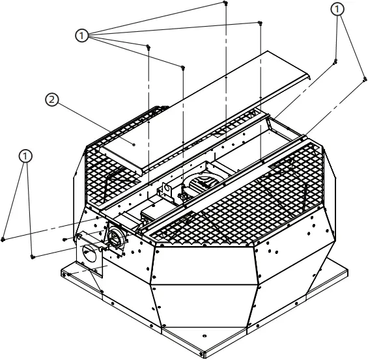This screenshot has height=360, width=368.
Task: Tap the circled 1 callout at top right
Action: pos(337,9)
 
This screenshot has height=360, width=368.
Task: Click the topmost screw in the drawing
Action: pos(225,3)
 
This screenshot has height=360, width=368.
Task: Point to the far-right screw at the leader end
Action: pos(363,79)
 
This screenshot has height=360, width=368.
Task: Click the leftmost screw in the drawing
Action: pos(4,239)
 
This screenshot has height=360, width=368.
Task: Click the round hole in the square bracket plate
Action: pos(91,255)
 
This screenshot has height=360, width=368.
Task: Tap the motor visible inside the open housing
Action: pos(199,183)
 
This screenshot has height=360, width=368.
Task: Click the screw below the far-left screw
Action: pos(32,256)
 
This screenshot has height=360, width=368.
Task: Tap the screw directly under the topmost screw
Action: pos(260,23)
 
